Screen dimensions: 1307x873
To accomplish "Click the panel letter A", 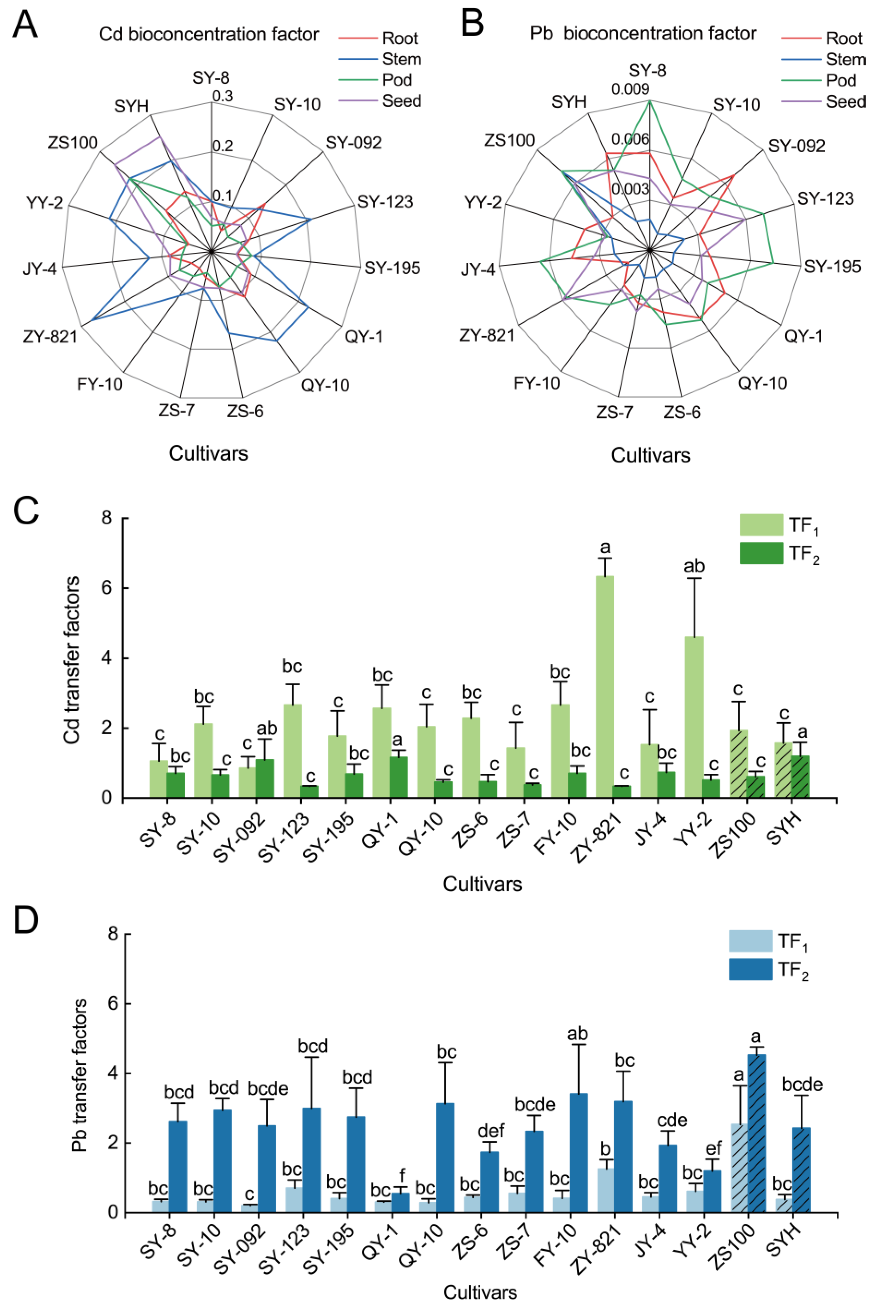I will [25, 25].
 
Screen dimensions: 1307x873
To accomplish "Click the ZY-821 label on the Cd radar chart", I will [50, 336].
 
